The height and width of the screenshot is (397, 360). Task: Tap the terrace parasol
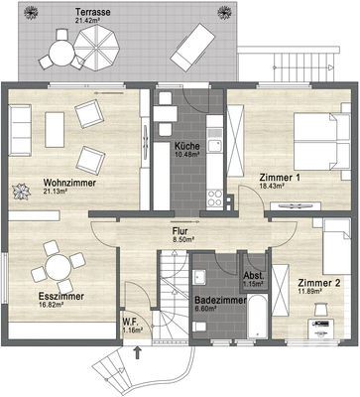pyautogui.click(x=96, y=48)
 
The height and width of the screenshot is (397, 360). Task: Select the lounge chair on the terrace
pyautogui.click(x=193, y=48)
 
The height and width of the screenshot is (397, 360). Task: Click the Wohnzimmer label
pyautogui.click(x=69, y=183)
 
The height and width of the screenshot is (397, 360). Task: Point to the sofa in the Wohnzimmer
pyautogui.click(x=20, y=130)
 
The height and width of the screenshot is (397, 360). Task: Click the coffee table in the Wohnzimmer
pyautogui.click(x=55, y=130)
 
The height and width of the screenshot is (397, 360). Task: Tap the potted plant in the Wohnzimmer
pyautogui.click(x=22, y=193)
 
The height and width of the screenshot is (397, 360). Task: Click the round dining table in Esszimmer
pyautogui.click(x=58, y=267)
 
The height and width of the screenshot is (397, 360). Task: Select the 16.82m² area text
pyautogui.click(x=52, y=304)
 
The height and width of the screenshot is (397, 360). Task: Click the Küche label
pyautogui.click(x=187, y=146)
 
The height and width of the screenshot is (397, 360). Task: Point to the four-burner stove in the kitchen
pyautogui.click(x=214, y=198)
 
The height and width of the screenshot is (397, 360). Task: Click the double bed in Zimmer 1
pyautogui.click(x=322, y=142)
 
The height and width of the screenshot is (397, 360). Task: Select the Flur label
pyautogui.click(x=180, y=231)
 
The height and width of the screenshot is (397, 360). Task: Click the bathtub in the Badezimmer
pyautogui.click(x=257, y=316)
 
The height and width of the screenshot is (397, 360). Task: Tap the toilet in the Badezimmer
pyautogui.click(x=199, y=327)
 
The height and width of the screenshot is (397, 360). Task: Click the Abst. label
pyautogui.click(x=254, y=276)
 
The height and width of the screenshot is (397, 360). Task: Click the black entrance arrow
pyautogui.click(x=138, y=352)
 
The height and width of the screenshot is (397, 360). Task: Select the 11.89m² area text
pyautogui.click(x=310, y=291)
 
